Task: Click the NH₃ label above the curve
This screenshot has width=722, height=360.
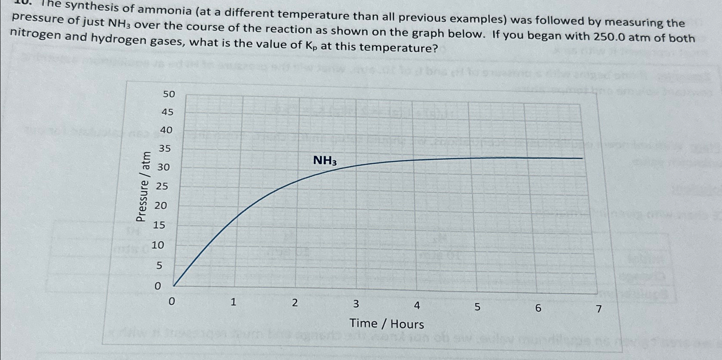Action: [x=325, y=161]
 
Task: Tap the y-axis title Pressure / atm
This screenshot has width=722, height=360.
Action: [x=143, y=186]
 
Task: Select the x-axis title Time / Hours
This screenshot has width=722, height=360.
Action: [x=386, y=324]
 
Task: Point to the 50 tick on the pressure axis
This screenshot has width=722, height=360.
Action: [x=169, y=94]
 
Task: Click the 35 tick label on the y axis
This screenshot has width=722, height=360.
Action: [x=165, y=149]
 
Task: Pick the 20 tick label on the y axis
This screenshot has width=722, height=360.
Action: [x=161, y=205]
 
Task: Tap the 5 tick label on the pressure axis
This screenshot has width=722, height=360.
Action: [x=159, y=266]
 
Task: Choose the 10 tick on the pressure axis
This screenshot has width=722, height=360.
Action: [x=158, y=245]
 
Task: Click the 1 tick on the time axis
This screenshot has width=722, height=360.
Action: [x=233, y=302]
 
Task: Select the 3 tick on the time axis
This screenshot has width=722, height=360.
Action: [x=356, y=304]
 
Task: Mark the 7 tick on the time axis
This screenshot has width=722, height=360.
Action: [x=599, y=309]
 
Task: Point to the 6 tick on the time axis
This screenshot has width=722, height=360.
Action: [x=538, y=308]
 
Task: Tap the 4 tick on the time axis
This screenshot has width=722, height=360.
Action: [x=417, y=306]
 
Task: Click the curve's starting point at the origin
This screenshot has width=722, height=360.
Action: [x=174, y=285]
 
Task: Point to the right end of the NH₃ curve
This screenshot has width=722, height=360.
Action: [x=582, y=158]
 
